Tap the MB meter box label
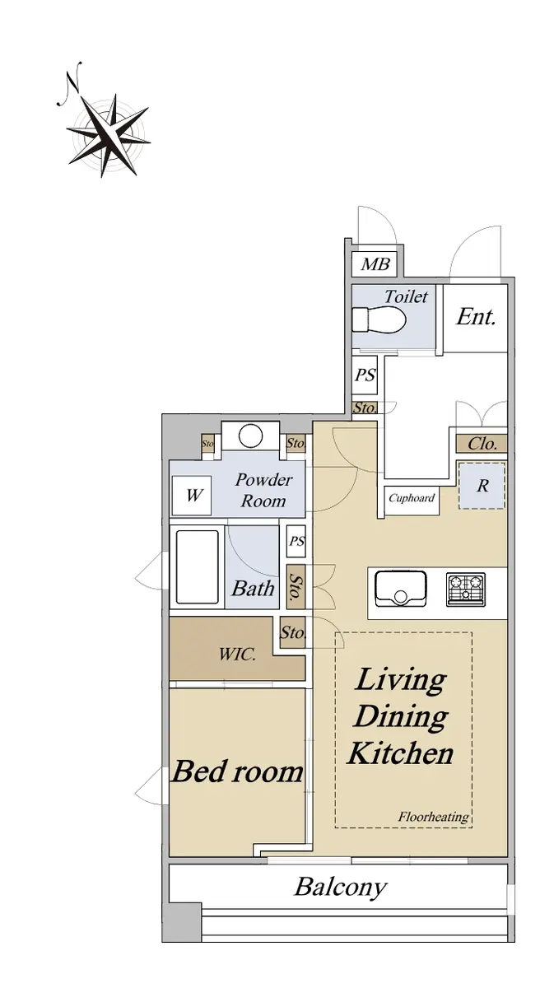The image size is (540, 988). pos(375,264)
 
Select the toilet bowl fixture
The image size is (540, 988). pos(379,319)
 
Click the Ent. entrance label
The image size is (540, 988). pos(476,317)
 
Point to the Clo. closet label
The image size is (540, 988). pos(482,443)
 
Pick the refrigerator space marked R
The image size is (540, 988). pos(482,486)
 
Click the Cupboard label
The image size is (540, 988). pos(412,498)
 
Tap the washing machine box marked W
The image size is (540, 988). pos(191,495)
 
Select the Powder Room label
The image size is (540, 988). pos(263,490)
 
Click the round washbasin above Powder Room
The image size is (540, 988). pos(250,436)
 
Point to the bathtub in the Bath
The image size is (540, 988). pos(197,566)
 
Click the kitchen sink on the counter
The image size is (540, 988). pos(400,590)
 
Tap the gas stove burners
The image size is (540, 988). pos(465,590)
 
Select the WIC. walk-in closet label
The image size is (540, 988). pos(237,654)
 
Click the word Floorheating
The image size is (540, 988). pos(433,817)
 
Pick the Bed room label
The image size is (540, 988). pos(237,771)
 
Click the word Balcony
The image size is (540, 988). pos(340,888)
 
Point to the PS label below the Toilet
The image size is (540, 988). pos(365,375)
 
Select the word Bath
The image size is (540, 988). pos(253,589)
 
